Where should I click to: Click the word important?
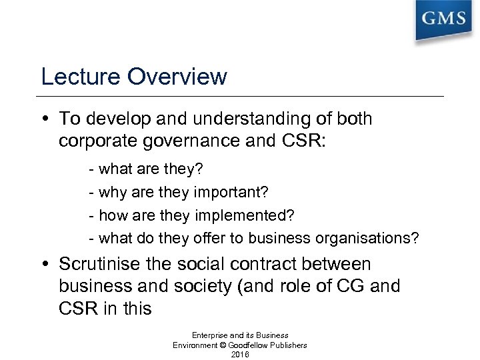230,193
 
